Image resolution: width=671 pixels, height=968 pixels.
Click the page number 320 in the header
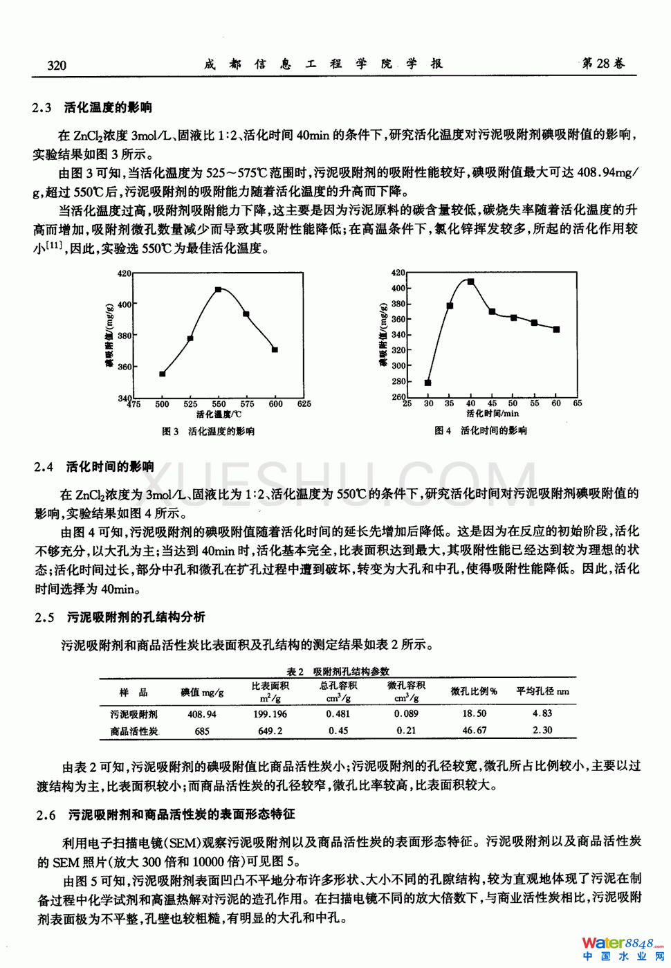[57, 65]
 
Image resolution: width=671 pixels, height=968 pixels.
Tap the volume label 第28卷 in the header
[603, 64]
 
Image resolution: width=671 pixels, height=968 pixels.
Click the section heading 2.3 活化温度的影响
[92, 107]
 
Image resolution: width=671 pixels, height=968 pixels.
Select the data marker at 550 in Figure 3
[219, 289]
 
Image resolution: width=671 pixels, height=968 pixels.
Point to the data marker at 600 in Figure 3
[275, 350]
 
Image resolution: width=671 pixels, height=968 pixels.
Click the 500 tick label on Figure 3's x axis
[162, 404]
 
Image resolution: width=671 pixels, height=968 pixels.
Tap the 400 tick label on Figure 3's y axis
[124, 304]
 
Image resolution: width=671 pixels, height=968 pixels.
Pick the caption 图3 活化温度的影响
[208, 431]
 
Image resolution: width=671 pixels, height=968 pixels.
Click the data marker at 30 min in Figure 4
[428, 383]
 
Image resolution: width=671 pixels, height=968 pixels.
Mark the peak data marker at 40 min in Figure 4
[471, 282]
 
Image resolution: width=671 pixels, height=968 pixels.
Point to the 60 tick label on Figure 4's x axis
[556, 403]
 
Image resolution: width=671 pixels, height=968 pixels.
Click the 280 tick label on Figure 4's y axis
[398, 381]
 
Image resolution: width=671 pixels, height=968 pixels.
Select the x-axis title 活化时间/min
[492, 414]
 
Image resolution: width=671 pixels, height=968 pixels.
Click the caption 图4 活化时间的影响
[481, 430]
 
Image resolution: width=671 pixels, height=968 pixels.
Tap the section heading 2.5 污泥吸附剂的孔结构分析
[120, 617]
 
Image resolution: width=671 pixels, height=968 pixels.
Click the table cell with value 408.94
[202, 714]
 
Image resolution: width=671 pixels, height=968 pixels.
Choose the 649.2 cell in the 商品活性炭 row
[270, 731]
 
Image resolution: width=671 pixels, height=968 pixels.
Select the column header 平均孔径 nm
[543, 691]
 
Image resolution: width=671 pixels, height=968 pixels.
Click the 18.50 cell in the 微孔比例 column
[474, 713]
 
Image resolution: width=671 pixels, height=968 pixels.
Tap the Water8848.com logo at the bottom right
[622, 947]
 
